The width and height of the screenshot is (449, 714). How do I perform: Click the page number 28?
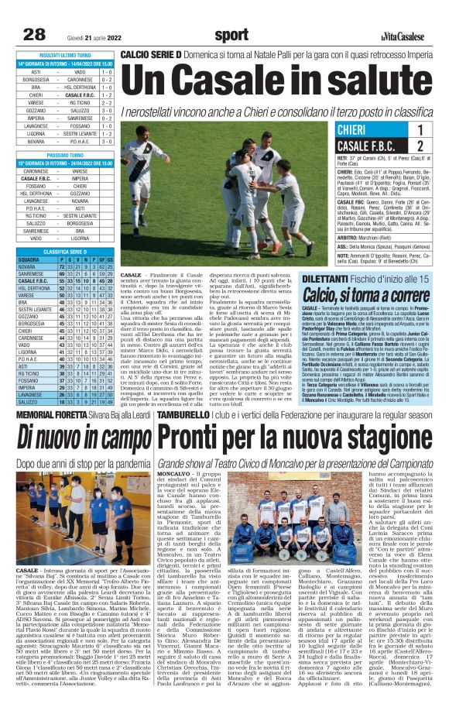click(34, 33)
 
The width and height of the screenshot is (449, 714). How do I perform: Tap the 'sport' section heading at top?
click(231, 34)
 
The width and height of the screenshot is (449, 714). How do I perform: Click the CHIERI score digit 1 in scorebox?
click(419, 130)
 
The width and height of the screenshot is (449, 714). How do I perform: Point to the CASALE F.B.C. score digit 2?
click(419, 146)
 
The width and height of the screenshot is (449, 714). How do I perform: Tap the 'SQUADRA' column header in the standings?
click(29, 259)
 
